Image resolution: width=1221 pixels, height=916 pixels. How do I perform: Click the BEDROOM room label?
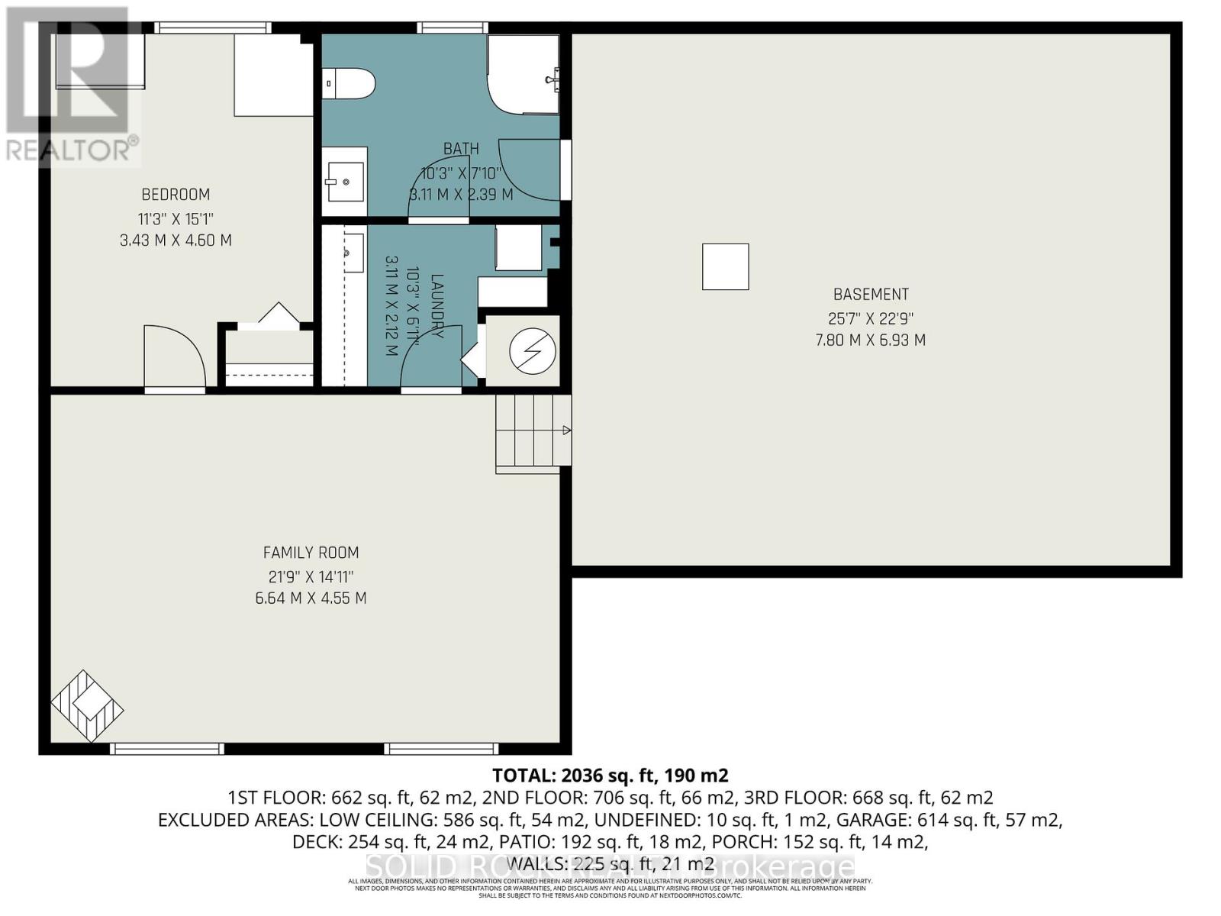(176, 195)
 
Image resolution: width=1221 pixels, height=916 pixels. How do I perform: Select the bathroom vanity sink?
(344, 182)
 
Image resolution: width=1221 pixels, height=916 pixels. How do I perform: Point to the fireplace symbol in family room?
(87, 705)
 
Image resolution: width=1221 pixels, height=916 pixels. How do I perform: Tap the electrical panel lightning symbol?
(532, 350)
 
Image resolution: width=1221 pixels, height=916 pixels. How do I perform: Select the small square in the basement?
(725, 266)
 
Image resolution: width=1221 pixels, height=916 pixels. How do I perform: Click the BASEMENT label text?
(871, 295)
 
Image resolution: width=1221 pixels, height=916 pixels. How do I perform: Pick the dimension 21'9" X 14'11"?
(311, 576)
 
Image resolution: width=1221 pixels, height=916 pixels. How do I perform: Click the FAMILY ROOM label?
(311, 553)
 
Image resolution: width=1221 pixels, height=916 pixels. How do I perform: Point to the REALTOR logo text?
(72, 150)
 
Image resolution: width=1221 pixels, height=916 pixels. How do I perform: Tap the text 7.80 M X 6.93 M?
(871, 340)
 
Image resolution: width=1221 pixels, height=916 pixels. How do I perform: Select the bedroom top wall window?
(212, 27)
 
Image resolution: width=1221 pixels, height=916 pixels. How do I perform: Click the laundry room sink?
(352, 252)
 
